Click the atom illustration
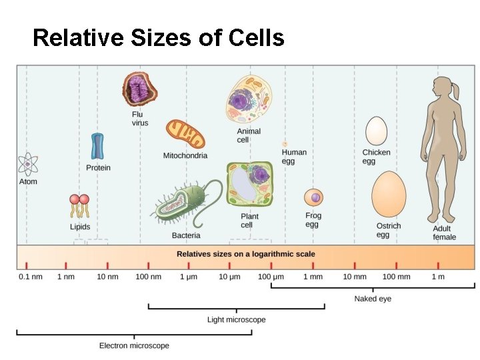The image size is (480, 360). (27, 163)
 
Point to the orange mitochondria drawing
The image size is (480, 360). (185, 134)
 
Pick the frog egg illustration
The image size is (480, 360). (313, 197)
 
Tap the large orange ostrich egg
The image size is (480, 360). (389, 194)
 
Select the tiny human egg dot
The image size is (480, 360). (285, 143)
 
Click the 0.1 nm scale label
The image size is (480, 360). (29, 277)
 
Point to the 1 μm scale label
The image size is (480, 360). (189, 277)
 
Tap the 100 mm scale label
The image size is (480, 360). (396, 277)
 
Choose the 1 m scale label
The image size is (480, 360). (438, 277)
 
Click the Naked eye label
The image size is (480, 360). (373, 299)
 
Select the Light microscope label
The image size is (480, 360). (236, 320)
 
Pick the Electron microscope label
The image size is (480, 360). (134, 345)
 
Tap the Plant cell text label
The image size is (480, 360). (250, 221)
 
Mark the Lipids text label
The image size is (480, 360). (80, 227)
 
